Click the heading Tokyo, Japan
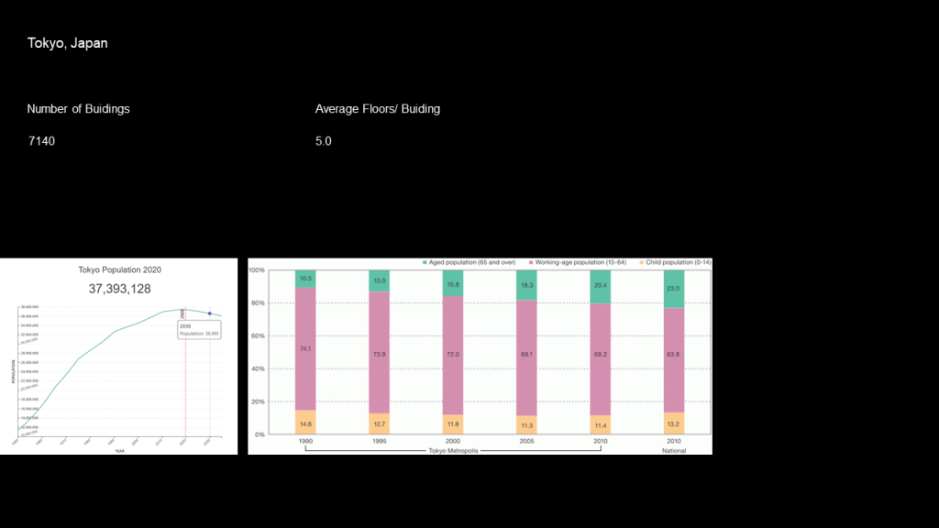[67, 43]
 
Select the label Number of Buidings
[78, 108]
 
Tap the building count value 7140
[41, 141]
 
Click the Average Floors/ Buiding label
[377, 108]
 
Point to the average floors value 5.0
[323, 141]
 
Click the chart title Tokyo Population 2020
[119, 270]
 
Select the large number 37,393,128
[119, 289]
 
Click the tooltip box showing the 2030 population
[198, 330]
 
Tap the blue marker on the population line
[210, 313]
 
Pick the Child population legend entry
[677, 263]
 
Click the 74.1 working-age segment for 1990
[305, 348]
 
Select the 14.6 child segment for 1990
[305, 423]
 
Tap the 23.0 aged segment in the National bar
[674, 289]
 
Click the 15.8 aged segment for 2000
[453, 284]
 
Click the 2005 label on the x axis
[526, 441]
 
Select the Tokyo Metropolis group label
[453, 450]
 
